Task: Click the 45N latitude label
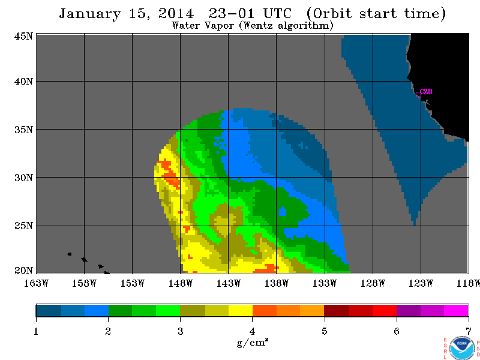23,37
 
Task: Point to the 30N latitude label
23,178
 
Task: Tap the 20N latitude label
23,271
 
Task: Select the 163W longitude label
37,284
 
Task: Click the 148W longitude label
181,284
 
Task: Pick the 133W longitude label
325,284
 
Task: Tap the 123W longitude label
421,284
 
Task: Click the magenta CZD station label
426,91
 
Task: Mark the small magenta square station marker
418,95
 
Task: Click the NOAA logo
462,348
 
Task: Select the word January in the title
89,14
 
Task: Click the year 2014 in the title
176,13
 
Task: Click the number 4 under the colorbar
252,331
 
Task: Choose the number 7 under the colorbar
469,331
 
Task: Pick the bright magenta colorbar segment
456,310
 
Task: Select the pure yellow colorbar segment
241,310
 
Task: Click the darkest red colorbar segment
337,310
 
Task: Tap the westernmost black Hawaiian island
69,254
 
